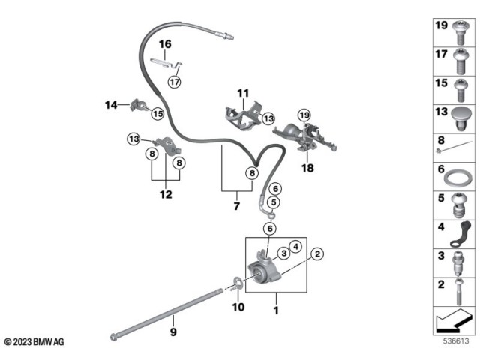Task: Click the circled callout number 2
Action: (317, 254)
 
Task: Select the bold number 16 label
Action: (164, 44)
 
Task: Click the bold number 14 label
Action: (112, 106)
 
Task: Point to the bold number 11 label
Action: (242, 94)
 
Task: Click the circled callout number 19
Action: (303, 115)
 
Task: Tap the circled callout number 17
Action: (174, 81)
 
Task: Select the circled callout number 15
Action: (157, 114)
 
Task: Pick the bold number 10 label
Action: (238, 306)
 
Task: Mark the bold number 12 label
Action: (165, 194)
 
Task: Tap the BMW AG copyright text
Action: (34, 342)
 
